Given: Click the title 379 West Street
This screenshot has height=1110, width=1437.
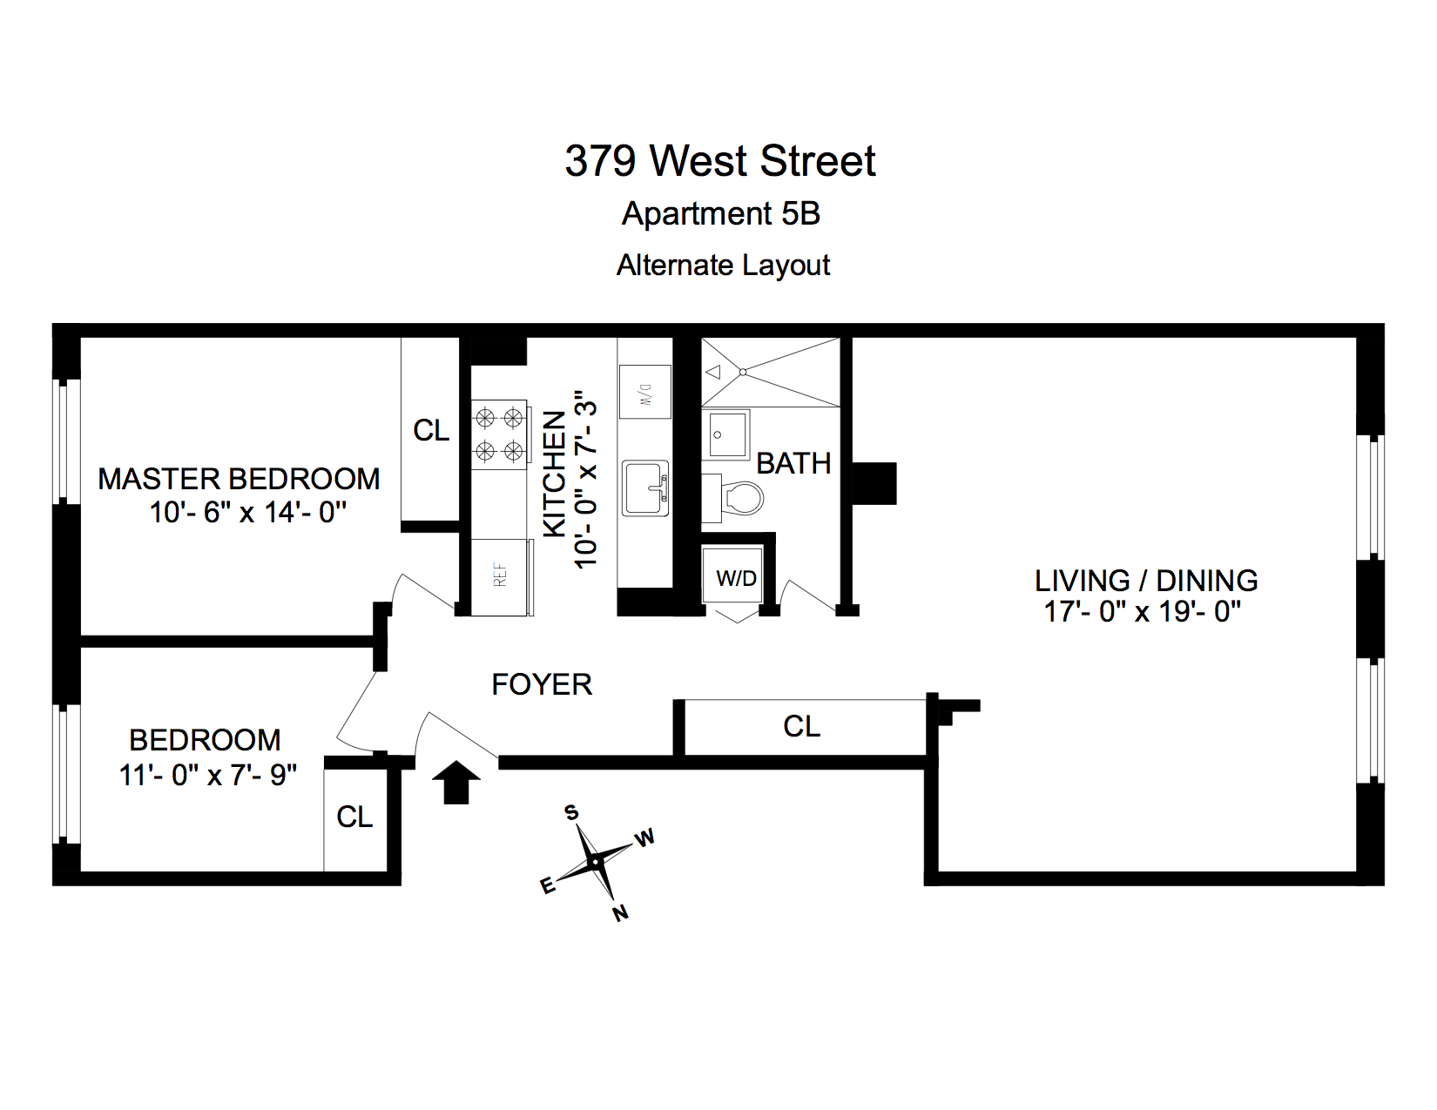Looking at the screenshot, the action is pyautogui.click(x=719, y=161).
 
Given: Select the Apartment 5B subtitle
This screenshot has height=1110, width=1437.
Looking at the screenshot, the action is pyautogui.click(x=720, y=214).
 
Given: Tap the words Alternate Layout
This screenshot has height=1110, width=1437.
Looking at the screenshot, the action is pyautogui.click(x=723, y=266).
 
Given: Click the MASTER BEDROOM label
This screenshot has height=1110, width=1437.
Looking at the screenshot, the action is pyautogui.click(x=239, y=479).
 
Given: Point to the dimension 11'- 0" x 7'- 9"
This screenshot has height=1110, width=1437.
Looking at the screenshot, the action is pyautogui.click(x=208, y=774).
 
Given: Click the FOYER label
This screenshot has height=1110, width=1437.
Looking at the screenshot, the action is pyautogui.click(x=542, y=685).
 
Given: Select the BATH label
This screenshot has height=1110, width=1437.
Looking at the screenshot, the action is pyautogui.click(x=793, y=464).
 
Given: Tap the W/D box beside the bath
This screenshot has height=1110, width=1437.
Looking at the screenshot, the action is pyautogui.click(x=736, y=578).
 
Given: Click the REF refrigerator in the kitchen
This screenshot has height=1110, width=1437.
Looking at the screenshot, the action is pyautogui.click(x=501, y=576).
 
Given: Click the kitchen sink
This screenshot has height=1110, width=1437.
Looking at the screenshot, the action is pyautogui.click(x=645, y=488).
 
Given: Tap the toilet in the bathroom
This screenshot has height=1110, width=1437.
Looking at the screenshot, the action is pyautogui.click(x=741, y=499).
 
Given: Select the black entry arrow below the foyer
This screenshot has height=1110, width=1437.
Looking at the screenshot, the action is pyautogui.click(x=456, y=782).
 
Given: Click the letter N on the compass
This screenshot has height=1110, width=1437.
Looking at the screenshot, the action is pyautogui.click(x=620, y=913).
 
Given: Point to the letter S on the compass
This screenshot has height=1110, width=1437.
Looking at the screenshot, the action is pyautogui.click(x=571, y=812).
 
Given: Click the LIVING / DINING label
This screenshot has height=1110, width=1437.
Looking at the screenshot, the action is pyautogui.click(x=1146, y=581).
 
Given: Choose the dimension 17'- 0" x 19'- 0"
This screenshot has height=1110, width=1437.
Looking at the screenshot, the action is pyautogui.click(x=1143, y=612).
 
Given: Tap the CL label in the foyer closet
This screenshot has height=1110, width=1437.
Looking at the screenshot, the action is pyautogui.click(x=801, y=727).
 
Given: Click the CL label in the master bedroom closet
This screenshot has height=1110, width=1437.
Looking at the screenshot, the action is pyautogui.click(x=431, y=431).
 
